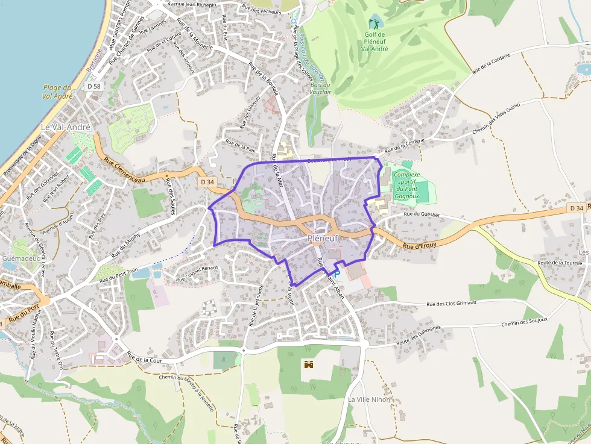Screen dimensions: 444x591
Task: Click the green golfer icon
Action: click(374, 23)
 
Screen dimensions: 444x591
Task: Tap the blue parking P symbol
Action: click(337, 274)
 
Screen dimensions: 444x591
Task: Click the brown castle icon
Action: click(309, 364)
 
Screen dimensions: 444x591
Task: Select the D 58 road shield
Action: click(93, 87)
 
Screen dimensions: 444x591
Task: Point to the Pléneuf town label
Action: click(323, 239)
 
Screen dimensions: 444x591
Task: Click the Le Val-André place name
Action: click(65, 128)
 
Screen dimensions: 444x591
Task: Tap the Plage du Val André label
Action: click(58, 92)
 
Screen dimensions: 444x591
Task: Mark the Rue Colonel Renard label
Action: click(196, 274)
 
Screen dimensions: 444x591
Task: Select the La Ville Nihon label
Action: click(369, 399)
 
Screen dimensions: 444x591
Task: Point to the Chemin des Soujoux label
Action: click(524, 322)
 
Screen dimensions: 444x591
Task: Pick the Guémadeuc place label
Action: click(21, 258)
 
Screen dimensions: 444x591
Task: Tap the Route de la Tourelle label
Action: click(560, 263)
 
